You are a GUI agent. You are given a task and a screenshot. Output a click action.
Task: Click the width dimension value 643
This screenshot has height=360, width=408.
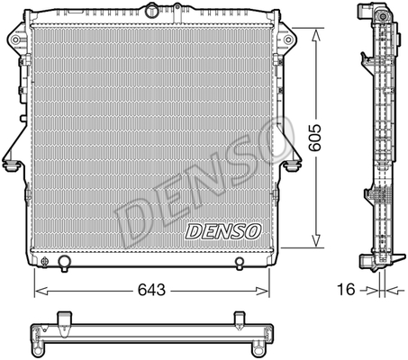[151, 290]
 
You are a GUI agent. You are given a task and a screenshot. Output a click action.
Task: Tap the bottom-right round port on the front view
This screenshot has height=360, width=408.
[239, 263]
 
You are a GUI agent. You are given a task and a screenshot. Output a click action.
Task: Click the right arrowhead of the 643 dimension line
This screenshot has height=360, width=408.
[267, 290]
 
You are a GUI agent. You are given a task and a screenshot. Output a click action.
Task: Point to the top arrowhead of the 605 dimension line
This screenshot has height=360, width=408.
[314, 32]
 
